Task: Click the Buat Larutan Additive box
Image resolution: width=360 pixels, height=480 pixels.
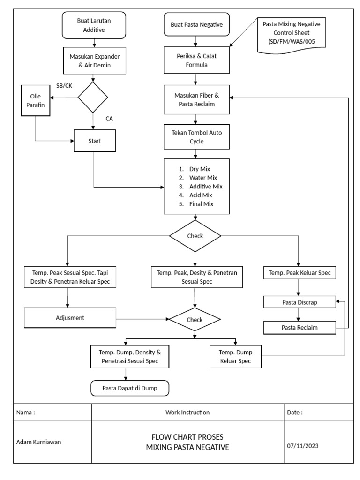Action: pos(94,25)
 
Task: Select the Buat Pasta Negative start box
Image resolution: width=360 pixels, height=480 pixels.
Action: pos(196,24)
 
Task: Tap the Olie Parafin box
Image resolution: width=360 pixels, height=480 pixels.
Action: pos(35,101)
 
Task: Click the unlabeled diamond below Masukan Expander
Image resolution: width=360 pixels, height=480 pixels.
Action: pos(93,97)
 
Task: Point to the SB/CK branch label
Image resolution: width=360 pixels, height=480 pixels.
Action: pos(64,85)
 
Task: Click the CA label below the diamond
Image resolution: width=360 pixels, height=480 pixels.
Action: pos(109,119)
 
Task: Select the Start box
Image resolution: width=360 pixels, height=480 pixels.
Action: pos(94,140)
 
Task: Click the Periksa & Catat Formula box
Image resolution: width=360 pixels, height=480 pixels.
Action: pos(196,60)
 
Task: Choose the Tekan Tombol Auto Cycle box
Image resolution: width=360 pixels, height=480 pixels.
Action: pos(196,137)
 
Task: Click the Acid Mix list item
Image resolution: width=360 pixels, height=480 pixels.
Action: pos(201,195)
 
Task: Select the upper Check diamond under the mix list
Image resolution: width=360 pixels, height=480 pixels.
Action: pos(195,236)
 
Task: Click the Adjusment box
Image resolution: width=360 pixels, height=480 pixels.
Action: pos(70,318)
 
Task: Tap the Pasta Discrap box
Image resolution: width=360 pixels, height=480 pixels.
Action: pos(300,302)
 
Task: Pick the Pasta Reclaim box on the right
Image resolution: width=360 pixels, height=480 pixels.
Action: pos(300,328)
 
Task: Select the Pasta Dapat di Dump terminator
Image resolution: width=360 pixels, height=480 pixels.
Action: pos(129,388)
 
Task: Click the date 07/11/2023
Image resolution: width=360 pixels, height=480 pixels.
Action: pos(302,446)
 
